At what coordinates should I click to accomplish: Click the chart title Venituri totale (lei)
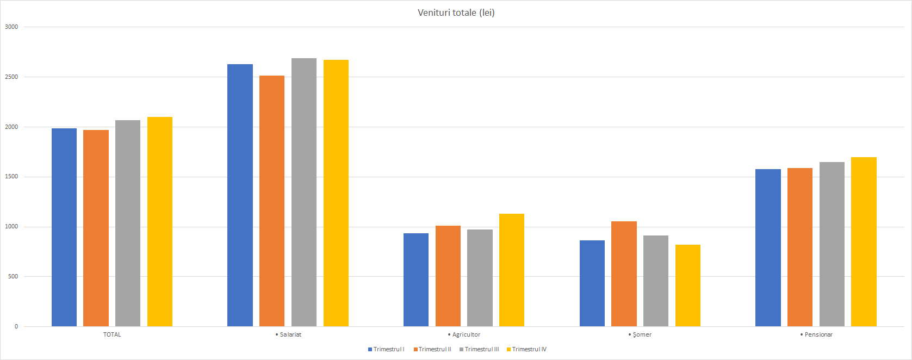(456, 13)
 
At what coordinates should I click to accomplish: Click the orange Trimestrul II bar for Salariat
(272, 201)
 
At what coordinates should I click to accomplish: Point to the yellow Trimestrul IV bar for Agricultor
(512, 270)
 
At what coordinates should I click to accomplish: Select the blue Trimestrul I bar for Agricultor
(416, 280)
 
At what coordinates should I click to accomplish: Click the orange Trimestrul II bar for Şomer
(624, 274)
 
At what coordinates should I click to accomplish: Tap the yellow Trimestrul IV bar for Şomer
(688, 285)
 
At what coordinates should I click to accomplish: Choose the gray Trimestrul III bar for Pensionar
(832, 244)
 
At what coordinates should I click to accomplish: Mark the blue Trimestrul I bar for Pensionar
(768, 247)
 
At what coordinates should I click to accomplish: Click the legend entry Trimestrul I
(386, 349)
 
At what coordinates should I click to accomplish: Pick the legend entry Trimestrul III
(479, 349)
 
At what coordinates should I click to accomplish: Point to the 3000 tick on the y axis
(11, 27)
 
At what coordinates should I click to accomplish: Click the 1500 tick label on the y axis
(11, 177)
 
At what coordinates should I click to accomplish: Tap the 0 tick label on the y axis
(16, 326)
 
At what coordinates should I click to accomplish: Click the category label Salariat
(289, 334)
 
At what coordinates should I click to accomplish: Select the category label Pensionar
(817, 334)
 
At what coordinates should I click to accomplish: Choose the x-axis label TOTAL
(112, 334)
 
